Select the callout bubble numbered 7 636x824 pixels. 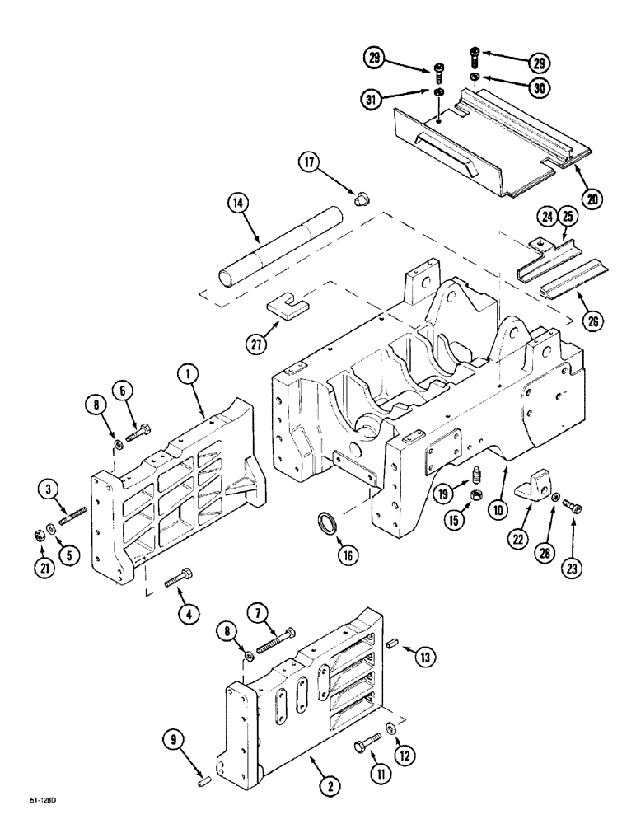click(260, 615)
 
